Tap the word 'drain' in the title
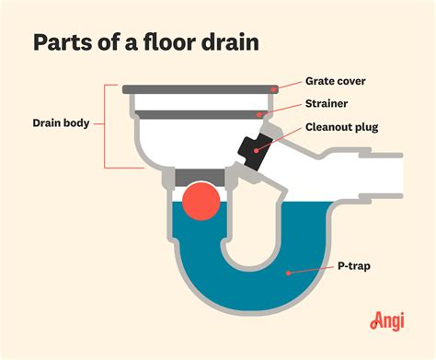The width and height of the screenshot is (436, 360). click(x=234, y=43)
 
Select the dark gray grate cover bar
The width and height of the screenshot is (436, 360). click(x=202, y=89)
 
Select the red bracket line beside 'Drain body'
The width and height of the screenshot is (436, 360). click(x=106, y=127)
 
